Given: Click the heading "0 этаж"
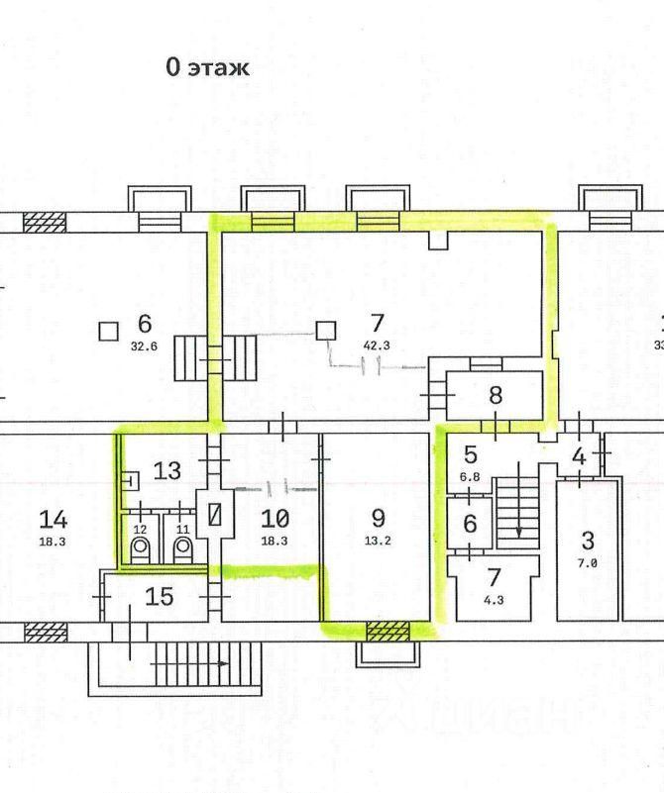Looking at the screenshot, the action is coord(207,67).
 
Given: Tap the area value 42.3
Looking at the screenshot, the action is coord(377,346).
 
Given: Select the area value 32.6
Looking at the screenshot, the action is coord(145,347).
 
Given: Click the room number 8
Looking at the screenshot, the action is coord(496,395).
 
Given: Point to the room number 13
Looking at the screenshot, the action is coord(167,471).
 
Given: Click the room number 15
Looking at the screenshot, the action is coord(160,597).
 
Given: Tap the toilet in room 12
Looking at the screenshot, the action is coord(140,549).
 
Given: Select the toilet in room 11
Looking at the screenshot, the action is coord(182,549).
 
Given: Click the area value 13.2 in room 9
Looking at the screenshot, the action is coord(378,541).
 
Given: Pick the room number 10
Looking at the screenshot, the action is coord(275,519).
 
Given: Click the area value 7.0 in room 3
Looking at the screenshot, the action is coord(587,563).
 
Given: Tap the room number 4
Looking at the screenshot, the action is coord(579,456).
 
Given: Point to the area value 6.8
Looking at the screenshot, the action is coord(470,477).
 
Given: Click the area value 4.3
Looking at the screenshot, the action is coord(494,600).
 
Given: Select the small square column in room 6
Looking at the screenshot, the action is coord(109,332).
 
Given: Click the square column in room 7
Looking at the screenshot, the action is coord(326,331).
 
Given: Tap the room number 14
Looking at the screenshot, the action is coord(54,520).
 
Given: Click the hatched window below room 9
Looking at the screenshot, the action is coord(387,632).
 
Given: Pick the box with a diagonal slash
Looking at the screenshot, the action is coord(216,515).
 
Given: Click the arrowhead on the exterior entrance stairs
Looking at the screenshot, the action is coord(223,663).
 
